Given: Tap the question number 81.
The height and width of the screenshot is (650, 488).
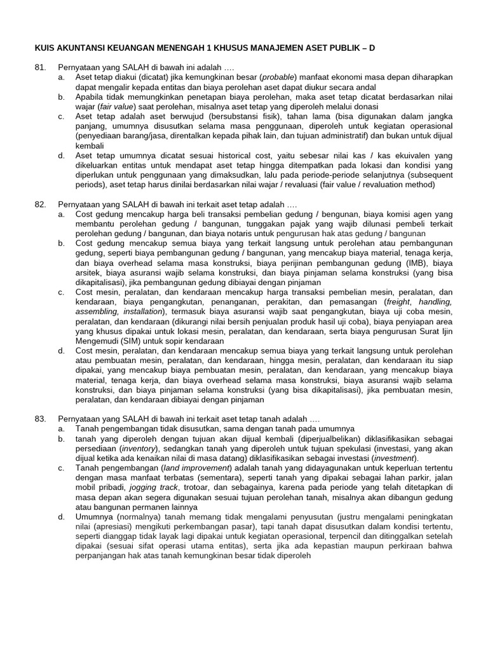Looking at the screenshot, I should click(39, 67).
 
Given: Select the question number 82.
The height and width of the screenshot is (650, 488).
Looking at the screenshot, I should click(39, 205).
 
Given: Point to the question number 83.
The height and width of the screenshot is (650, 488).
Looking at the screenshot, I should click(39, 419).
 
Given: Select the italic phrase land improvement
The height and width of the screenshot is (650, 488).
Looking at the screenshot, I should click(181, 468).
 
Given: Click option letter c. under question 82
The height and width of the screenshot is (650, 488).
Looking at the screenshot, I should click(62, 293).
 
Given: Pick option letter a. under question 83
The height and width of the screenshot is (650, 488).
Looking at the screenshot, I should click(62, 428).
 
